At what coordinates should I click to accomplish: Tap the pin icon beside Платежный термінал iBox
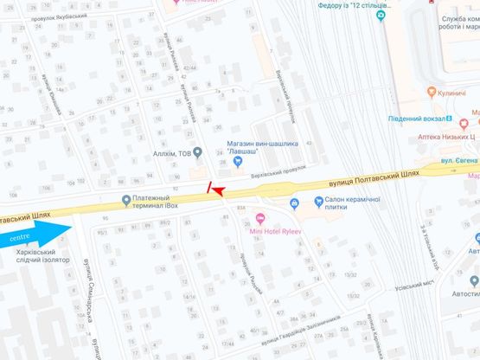pyautogui.click(x=127, y=201)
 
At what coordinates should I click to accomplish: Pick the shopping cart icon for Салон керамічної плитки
pyautogui.click(x=294, y=203)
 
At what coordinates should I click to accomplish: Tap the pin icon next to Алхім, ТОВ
pyautogui.click(x=197, y=153)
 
